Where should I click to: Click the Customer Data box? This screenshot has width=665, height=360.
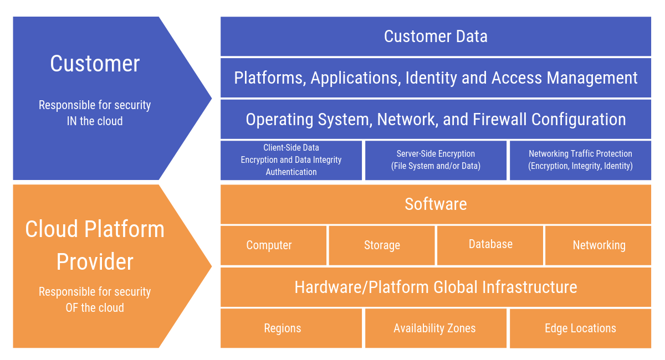coord(436,37)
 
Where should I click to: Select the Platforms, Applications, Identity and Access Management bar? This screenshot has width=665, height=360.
coord(436,78)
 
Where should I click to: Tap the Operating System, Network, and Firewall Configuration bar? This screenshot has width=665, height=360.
coord(436,119)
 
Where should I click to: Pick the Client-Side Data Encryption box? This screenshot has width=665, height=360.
coord(291,160)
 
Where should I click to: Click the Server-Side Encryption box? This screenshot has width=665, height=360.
coord(436,160)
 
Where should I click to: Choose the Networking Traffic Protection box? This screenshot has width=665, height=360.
coord(580,160)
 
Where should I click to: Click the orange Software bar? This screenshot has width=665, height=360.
coord(436,204)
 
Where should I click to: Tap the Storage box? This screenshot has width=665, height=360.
coord(382,245)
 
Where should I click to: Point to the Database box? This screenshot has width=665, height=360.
coord(490,244)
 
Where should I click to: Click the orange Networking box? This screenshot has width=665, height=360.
coord(598,245)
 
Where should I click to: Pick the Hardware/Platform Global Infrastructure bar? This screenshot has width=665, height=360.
coord(436,287)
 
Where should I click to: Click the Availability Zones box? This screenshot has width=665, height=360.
coord(436,328)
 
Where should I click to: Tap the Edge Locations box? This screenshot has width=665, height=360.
coord(580,328)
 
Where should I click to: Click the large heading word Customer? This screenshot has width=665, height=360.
coord(95,64)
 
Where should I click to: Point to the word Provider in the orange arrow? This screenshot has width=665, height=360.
coord(95,262)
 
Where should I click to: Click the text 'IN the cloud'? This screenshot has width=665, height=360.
coord(95,121)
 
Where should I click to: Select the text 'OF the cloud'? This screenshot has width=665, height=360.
coord(95,307)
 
